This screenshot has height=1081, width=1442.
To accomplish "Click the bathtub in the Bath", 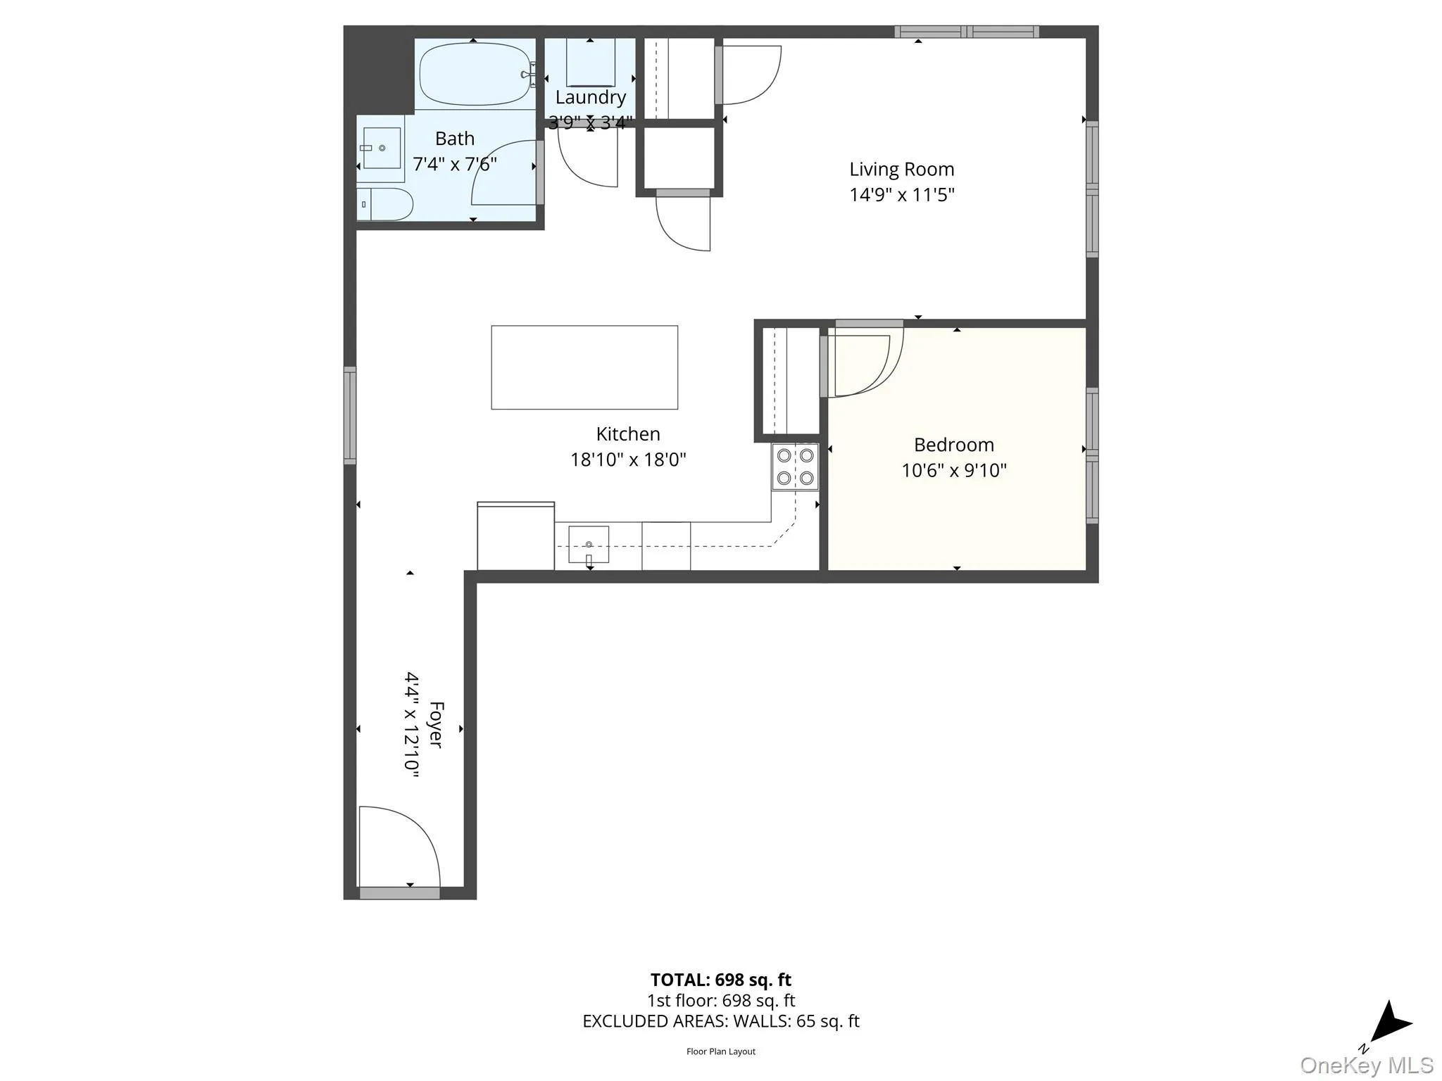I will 475,75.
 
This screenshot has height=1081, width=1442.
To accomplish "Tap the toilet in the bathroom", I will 384,204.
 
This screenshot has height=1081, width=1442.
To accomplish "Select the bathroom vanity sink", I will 381,148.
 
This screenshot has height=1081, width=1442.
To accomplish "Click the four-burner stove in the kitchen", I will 795,467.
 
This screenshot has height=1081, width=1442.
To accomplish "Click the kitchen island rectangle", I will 584,367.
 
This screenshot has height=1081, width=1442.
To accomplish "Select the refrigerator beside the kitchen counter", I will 515,536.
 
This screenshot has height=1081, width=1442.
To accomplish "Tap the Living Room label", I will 901,170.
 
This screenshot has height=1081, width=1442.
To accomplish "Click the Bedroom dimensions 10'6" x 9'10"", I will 954,470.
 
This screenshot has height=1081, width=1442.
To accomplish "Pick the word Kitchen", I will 628,434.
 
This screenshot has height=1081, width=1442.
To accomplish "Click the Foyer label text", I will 436,724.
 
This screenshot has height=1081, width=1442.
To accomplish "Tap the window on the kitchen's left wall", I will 350,415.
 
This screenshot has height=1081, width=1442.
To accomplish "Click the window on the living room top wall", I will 967,32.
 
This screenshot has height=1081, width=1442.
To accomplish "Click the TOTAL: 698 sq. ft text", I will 720,980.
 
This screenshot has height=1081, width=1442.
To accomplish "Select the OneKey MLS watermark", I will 1366,1065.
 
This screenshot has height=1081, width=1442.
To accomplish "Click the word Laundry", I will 590,97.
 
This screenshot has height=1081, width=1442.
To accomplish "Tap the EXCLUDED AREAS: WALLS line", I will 720,1020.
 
